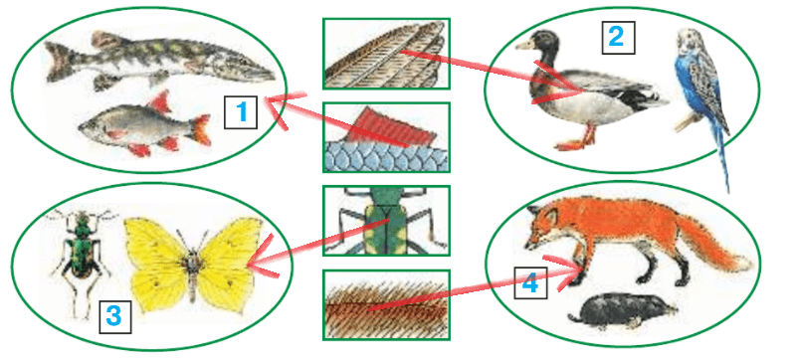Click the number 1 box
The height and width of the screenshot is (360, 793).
tap(241, 112)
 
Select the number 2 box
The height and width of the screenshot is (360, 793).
tap(618, 37)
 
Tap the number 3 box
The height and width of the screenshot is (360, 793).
tap(114, 316)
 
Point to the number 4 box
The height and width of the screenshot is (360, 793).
tap(530, 282)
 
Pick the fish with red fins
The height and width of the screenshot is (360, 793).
tap(144, 125)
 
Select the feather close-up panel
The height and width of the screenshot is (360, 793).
tap(386, 54)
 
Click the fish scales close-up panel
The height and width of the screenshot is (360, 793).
tap(386, 137)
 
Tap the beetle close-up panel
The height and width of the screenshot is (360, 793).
tap(386, 221)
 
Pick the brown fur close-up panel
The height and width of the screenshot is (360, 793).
tap(386, 304)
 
